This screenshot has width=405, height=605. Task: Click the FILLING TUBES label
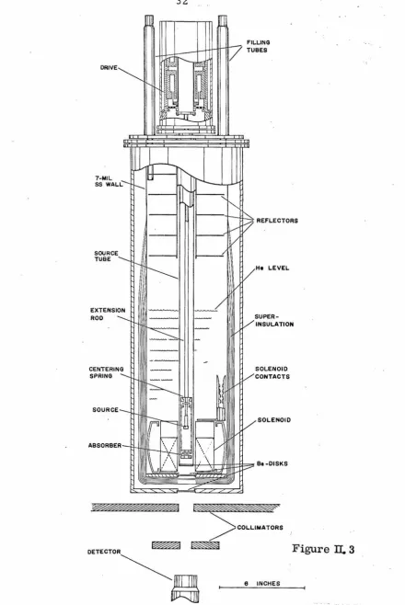coord(259,46)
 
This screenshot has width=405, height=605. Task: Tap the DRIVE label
coord(109,67)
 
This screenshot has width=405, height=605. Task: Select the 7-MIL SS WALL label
coord(109,181)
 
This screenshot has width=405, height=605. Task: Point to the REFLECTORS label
coord(277,221)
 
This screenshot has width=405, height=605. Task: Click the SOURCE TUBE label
coord(106,256)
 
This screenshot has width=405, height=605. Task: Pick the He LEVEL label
coord(272,268)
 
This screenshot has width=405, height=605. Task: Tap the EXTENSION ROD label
coord(108,314)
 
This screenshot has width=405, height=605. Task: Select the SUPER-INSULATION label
coord(274,320)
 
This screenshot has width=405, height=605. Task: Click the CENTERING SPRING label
coord(106,372)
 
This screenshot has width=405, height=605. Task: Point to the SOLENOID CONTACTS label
coord(272,372)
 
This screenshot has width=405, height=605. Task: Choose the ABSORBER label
coord(105,445)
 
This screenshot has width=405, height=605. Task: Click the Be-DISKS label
coord(272,463)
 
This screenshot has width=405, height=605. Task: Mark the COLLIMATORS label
coord(260,527)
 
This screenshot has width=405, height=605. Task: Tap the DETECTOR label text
coord(104,552)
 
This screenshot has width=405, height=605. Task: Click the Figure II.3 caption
coord(323,549)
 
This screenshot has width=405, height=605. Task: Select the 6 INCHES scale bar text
coord(262,583)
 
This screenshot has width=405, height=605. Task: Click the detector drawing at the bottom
coord(185,588)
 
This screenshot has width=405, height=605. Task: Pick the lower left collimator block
coord(166,545)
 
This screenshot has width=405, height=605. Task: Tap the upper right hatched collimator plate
coord(237,508)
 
